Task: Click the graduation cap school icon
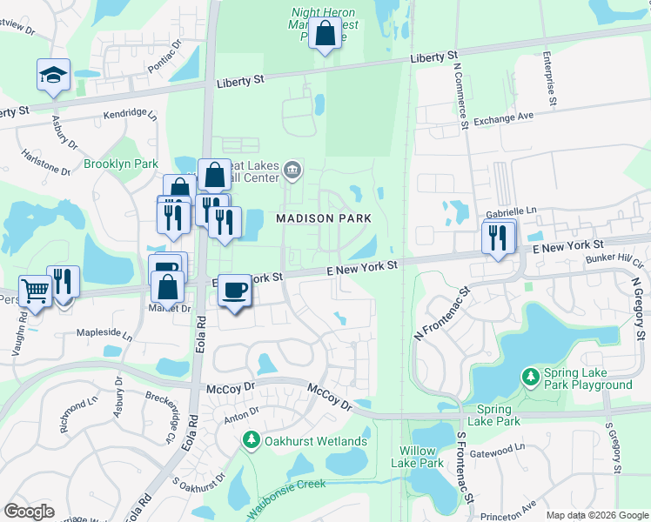pyautogui.click(x=53, y=75)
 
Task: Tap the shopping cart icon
pyautogui.click(x=35, y=291)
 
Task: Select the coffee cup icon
pyautogui.click(x=233, y=290)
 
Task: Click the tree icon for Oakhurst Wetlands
pyautogui.click(x=252, y=441)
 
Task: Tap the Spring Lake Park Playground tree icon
pyautogui.click(x=530, y=377)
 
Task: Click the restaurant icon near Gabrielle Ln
pyautogui.click(x=498, y=238)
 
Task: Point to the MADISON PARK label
pyautogui.click(x=324, y=218)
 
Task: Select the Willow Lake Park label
pyautogui.click(x=421, y=457)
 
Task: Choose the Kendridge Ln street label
pyautogui.click(x=130, y=114)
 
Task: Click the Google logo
pyautogui.click(x=29, y=512)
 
